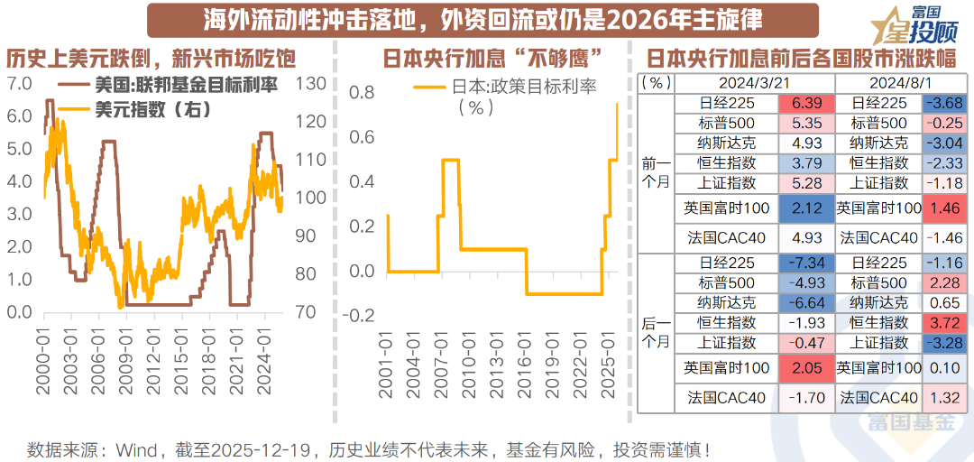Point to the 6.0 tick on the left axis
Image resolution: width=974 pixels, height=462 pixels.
click(x=19, y=116)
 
